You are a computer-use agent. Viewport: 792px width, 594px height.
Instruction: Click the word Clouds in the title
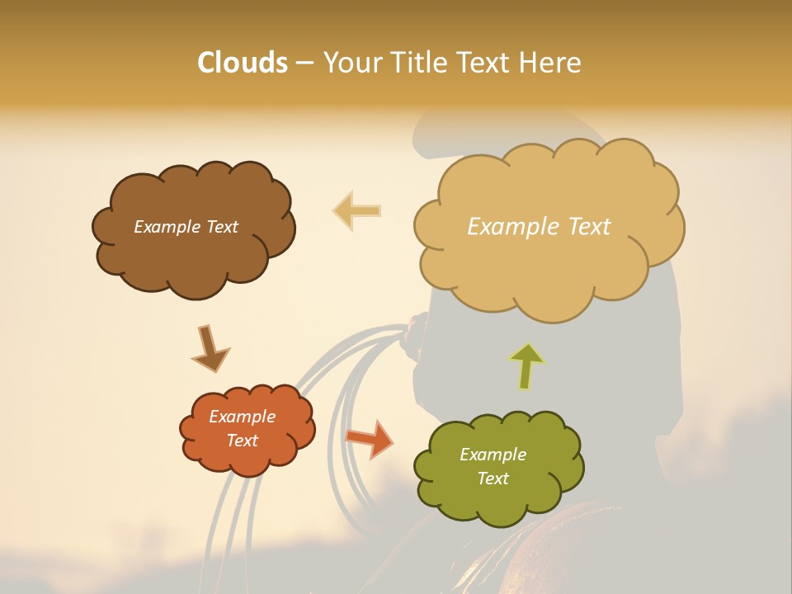pos(243,63)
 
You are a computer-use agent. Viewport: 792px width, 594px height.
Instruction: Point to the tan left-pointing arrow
pos(357,210)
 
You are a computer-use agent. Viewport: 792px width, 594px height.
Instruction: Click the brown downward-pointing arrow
pos(210,348)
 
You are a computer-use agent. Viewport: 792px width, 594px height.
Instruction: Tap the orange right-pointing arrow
pos(370,438)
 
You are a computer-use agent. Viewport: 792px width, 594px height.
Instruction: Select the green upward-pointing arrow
pos(526,365)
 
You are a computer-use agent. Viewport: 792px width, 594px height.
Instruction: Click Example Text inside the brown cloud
pos(186,227)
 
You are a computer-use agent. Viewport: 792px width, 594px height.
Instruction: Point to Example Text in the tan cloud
pos(539,227)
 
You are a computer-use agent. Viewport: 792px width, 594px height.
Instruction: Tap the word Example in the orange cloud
pos(242,417)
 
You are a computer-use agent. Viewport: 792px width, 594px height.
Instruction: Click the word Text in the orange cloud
pos(243,441)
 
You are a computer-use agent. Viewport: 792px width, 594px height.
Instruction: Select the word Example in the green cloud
pos(493,455)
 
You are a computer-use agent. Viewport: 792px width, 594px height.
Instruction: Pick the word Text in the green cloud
pos(493,478)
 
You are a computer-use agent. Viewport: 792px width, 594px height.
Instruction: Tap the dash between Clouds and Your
pos(304,63)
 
